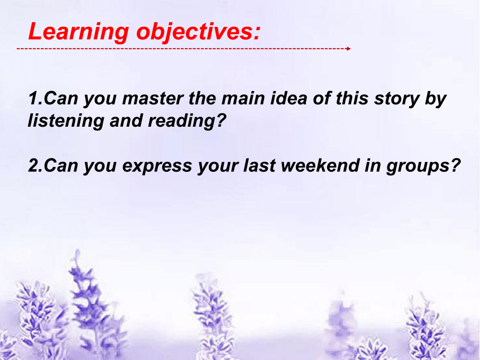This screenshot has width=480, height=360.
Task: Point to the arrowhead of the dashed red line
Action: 349,49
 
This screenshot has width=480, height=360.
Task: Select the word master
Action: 153,99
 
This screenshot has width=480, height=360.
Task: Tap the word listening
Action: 66,121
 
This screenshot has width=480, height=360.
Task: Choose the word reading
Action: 181,121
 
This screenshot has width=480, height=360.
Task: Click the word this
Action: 352,98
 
